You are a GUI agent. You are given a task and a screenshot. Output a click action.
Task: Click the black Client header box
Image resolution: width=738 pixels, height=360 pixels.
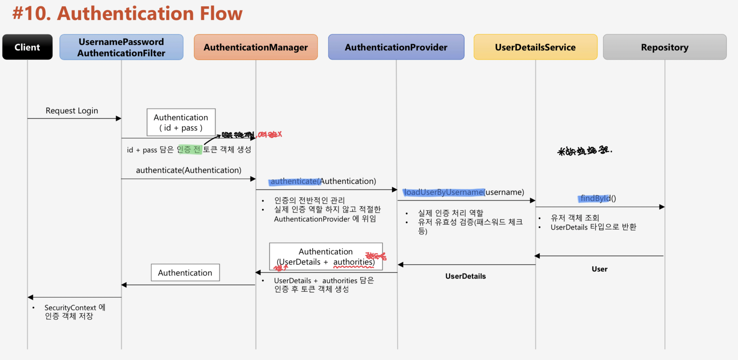coord(27,47)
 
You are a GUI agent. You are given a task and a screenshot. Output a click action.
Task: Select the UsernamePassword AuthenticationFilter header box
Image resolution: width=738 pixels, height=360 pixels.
coord(121,47)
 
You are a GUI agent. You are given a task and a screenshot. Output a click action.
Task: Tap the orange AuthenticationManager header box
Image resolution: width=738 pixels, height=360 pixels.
coord(255,47)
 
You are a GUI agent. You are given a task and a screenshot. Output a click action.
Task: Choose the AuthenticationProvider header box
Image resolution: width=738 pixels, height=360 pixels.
coord(396,47)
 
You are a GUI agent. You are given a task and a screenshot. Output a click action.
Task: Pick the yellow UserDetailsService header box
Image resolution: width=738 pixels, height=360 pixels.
coord(535,47)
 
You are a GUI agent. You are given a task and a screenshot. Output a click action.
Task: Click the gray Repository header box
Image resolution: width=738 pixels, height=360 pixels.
coord(664,47)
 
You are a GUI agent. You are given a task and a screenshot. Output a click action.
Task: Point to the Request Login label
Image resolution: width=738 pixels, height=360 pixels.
coord(72,111)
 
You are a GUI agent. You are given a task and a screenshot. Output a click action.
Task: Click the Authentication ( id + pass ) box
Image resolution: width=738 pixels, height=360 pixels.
coord(181,122)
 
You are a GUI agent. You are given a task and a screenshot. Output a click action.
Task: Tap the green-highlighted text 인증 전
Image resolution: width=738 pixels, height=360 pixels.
coord(189,150)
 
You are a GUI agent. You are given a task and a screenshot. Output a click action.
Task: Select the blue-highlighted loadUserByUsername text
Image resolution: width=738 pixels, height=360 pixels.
coord(444,192)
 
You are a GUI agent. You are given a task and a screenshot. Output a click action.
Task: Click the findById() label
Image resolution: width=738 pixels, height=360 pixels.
coord(598,198)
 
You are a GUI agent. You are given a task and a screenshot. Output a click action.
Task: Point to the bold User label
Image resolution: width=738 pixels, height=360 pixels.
coord(599,269)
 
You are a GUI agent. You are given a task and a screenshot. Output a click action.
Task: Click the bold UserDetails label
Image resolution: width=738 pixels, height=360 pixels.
coord(465,276)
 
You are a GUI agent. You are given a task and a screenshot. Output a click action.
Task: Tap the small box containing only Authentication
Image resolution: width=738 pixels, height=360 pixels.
coord(185,273)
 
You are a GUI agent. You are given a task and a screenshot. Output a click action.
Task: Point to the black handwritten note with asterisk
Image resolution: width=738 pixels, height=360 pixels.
coord(584,151)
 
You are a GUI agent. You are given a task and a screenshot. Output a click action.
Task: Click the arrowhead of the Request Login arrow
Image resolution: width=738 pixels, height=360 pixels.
coord(119,118)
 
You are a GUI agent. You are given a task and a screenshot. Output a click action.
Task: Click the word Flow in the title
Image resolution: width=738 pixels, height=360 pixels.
coord(221,14)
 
